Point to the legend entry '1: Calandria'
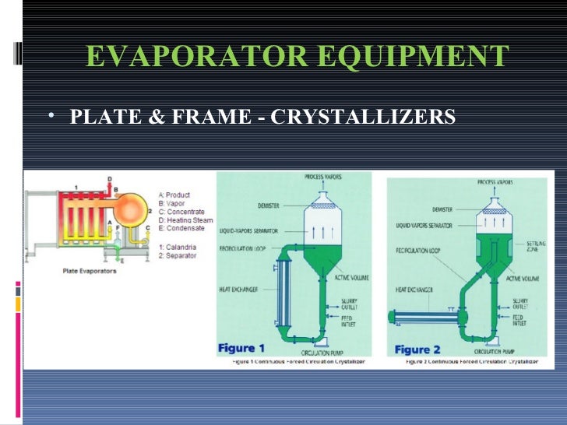tap(178, 247)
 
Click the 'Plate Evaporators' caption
tap(90, 272)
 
